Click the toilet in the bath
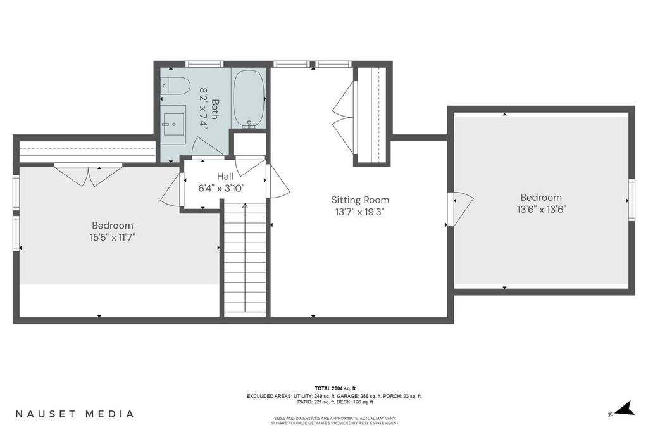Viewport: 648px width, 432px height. pos(175,86)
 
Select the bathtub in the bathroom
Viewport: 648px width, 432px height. pos(249,98)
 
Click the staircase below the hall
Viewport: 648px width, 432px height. pos(245,260)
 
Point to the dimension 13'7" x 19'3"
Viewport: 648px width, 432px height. pos(360,213)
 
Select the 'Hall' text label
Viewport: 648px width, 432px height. pos(225,176)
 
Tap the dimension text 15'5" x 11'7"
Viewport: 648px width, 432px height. pos(113,238)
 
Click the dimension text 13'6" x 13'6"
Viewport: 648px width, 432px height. pos(540,209)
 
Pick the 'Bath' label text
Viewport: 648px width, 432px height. pos(215,108)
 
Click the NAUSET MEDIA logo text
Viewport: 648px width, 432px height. pos(74,414)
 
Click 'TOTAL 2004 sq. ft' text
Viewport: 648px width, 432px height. pos(335,388)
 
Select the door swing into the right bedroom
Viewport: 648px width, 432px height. pos(461,208)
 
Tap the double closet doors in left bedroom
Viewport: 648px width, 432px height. pos(88,174)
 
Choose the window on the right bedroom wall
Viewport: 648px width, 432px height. pos(631,200)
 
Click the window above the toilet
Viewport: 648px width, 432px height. pos(204,63)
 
